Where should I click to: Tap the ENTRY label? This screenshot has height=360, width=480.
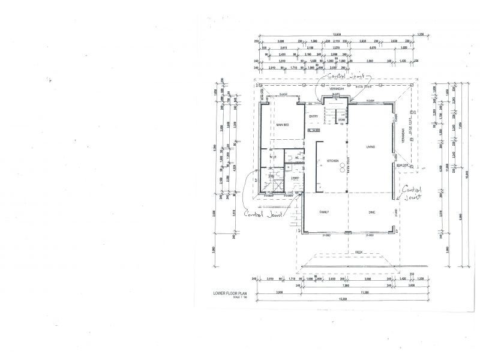[313, 116]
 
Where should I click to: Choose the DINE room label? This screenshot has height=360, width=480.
[371, 212]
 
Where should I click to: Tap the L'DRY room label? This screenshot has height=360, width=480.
[295, 178]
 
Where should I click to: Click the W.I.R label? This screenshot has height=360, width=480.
[272, 157]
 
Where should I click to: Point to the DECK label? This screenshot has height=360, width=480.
[359, 252]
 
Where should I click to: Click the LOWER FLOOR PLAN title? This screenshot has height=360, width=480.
[226, 293]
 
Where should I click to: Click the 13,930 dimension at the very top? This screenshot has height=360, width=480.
[338, 34]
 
